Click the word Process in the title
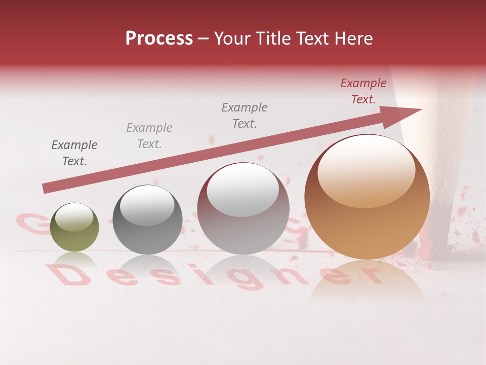tap(159, 39)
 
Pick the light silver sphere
tap(243, 208)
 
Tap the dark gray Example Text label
tap(74, 153)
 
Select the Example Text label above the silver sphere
tap(245, 115)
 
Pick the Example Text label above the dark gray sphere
tap(149, 135)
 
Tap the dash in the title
tap(204, 39)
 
